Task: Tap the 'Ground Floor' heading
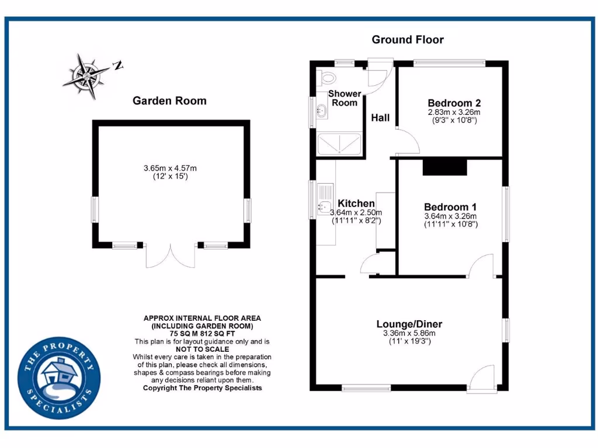408,40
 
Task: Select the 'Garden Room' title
169,100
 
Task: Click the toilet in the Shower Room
327,78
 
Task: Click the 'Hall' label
380,118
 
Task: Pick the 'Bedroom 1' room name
450,206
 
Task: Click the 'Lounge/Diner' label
409,324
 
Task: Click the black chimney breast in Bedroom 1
445,167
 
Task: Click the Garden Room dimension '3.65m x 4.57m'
170,168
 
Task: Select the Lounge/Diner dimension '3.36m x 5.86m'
409,334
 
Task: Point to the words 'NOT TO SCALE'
202,349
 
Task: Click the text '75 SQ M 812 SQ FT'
202,334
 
